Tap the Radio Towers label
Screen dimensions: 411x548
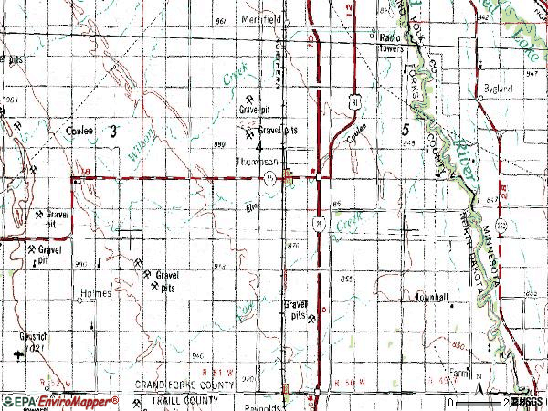point(393,42)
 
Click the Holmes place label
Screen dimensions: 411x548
point(94,293)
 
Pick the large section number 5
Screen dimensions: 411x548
point(405,132)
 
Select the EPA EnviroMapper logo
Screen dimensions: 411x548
point(59,401)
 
